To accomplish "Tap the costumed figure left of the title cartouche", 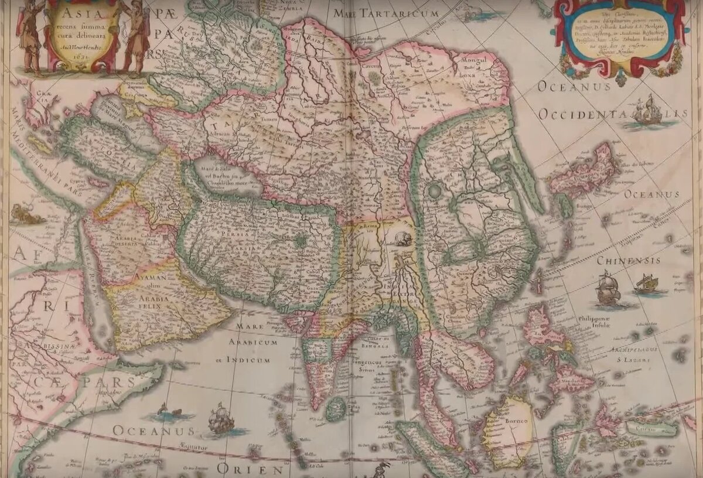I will [x=30, y=35].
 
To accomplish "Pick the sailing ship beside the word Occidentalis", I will [x=648, y=111].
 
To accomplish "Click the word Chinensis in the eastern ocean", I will [x=629, y=260].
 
